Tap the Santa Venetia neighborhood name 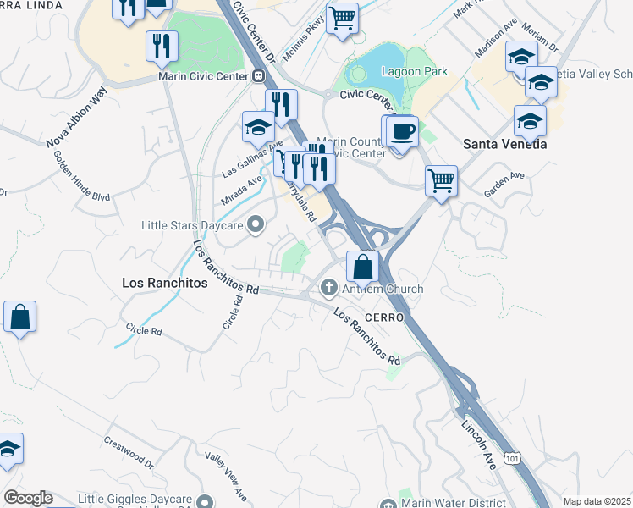point(504,144)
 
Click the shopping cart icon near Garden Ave point(441,179)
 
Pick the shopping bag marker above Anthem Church point(362,267)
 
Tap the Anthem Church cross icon point(329,290)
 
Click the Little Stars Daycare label point(194,225)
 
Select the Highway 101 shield point(511,457)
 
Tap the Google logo point(27,498)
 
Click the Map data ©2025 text point(596,501)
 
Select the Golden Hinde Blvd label point(81,176)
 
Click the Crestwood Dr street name point(129,453)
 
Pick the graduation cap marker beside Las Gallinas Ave point(258,126)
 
